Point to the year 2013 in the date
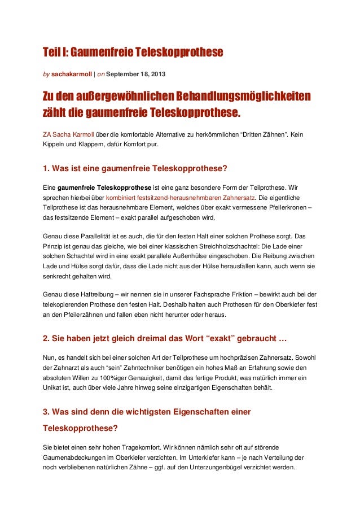tap(157, 74)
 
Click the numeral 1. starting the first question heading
tap(47, 168)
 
